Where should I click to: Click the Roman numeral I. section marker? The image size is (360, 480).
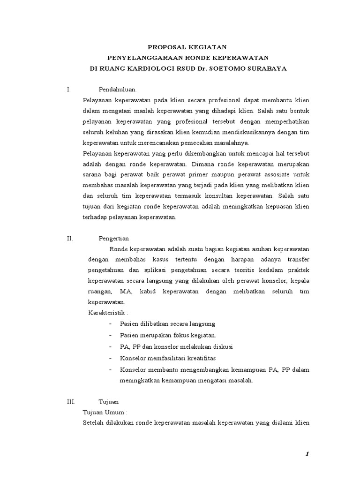point(69,90)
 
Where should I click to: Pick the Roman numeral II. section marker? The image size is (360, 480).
point(70,238)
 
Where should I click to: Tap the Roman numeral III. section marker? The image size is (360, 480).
point(71,402)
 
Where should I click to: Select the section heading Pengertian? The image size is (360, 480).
point(114,238)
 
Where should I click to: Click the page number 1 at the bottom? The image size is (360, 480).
point(307,454)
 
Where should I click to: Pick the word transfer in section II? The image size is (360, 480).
point(296,260)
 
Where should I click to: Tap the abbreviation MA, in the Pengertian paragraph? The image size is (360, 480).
point(126,292)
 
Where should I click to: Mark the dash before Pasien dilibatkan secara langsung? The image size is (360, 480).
point(110,324)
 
